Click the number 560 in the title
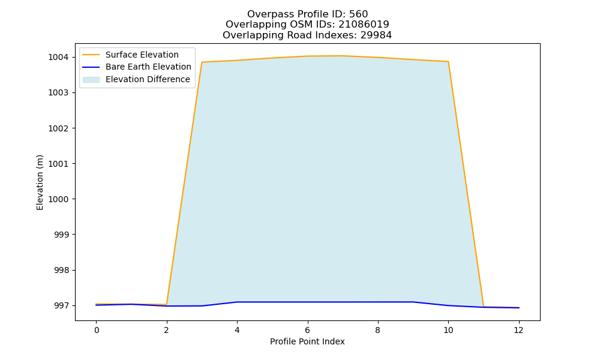[358, 14]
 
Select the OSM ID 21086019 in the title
[364, 25]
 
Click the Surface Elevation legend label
[142, 55]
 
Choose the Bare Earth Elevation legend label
[148, 67]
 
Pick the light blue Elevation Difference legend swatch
[91, 80]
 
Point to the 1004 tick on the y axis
[58, 58]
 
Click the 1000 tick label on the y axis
[58, 199]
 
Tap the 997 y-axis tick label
[61, 305]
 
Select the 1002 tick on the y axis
[58, 128]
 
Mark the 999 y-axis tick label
[61, 235]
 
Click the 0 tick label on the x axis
[97, 330]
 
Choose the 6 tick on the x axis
[308, 330]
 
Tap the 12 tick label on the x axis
[518, 330]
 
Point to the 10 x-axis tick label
[448, 330]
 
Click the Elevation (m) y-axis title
[40, 182]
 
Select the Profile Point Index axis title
[307, 341]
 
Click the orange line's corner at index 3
[202, 62]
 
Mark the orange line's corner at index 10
[448, 62]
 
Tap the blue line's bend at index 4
[237, 302]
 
